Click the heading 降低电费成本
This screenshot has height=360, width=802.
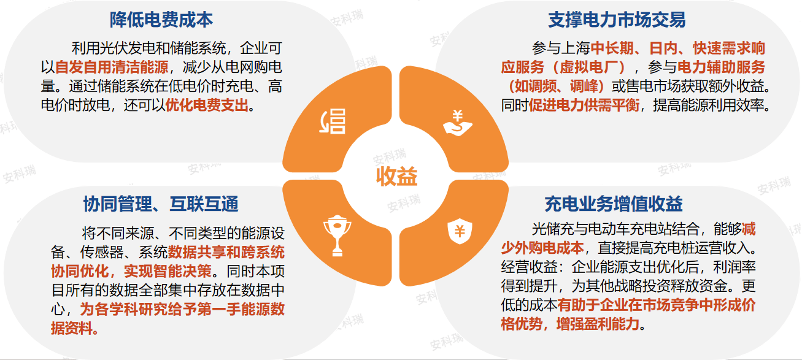pos(161,20)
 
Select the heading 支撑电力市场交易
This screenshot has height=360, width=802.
pos(617,20)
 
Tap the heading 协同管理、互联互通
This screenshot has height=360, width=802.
pos(161,204)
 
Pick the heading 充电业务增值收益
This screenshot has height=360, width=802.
pos(614,204)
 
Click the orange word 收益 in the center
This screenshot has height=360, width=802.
pos(396,176)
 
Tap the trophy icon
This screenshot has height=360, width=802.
pos(337,236)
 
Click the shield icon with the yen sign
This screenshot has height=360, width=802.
pos(460,231)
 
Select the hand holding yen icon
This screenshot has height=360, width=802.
pos(458,123)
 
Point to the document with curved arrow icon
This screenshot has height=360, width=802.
pos(332,121)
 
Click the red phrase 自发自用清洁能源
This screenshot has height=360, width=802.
pos(112,67)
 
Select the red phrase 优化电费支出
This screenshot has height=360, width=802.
pos(207,105)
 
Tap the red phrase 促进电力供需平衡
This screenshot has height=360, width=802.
pos(584,105)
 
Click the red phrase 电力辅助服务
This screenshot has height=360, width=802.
pos(721,67)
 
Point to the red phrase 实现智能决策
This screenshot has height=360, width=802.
pos(168,271)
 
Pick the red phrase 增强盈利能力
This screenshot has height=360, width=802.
pos(598,324)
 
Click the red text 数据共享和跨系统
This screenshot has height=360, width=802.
pos(226,252)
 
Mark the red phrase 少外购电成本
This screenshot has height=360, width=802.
pos(542,248)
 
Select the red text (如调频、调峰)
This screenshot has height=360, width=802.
pos(556,86)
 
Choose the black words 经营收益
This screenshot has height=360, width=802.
pos(529,267)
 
